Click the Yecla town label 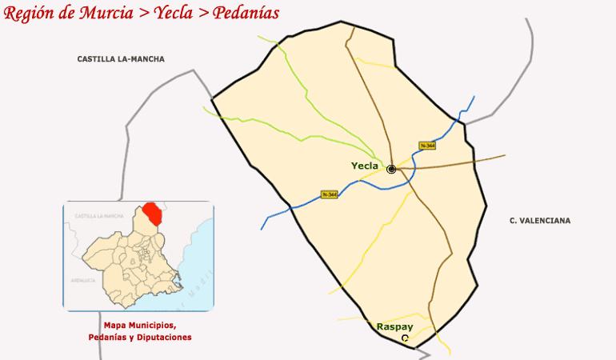point(364,166)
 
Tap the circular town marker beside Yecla point(391,169)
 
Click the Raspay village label point(394,326)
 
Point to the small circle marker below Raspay point(405,338)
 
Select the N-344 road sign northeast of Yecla point(427,145)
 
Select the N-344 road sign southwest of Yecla point(328,194)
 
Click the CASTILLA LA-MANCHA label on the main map point(121,59)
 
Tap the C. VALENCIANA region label point(540,220)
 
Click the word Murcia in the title point(102,14)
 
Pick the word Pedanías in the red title point(246,14)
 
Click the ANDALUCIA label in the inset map point(83,281)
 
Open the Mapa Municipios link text point(139,326)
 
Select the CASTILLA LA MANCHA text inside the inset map point(99,217)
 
